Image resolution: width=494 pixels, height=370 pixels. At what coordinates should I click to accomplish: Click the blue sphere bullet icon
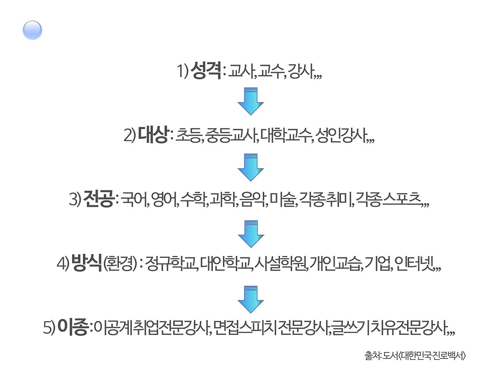[32, 30]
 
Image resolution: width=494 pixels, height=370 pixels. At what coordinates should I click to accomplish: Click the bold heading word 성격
[205, 71]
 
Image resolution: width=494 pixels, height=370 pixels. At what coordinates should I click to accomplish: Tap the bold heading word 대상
[153, 135]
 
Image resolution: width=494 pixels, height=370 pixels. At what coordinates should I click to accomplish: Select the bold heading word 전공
[98, 199]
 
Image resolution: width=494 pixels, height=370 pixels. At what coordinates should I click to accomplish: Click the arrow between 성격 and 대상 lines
[250, 101]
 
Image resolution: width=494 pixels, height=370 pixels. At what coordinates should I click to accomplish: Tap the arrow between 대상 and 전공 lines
[250, 167]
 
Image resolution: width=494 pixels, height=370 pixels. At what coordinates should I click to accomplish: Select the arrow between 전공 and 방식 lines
[250, 234]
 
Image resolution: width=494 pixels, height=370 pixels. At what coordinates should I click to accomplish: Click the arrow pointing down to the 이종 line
[250, 299]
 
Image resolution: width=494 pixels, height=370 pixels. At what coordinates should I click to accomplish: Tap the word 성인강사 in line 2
[341, 135]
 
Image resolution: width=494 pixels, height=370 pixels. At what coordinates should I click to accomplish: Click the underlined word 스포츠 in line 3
[402, 199]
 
